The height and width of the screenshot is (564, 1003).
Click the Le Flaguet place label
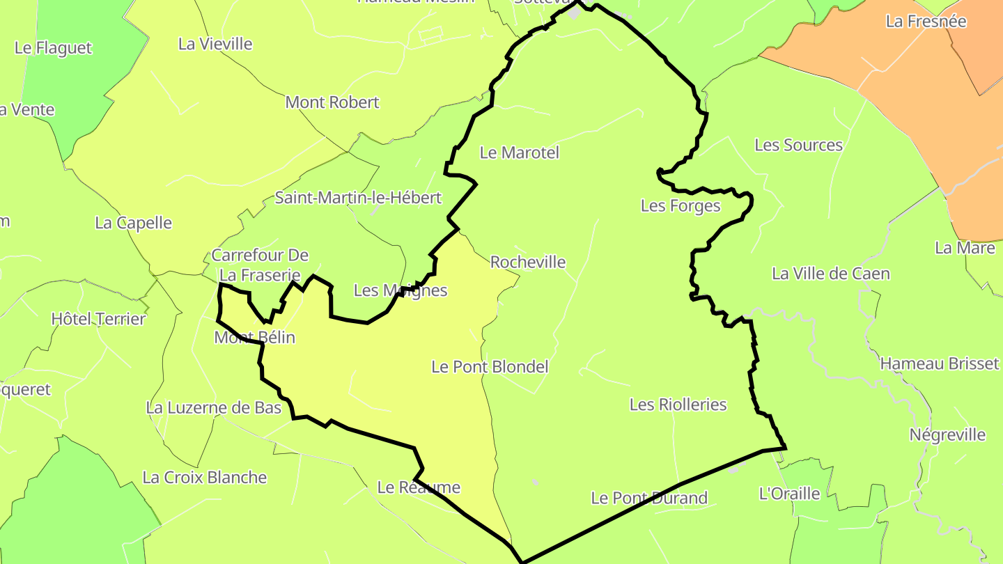pos(53,48)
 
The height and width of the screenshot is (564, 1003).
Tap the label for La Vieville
pos(215,44)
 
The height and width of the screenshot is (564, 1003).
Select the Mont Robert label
pos(332,102)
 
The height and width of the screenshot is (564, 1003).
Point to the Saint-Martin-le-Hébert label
pos(358,198)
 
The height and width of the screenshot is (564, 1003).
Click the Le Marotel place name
pos(520,152)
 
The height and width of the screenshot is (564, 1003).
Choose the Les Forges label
pos(681,206)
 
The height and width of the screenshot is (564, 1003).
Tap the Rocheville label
pos(528,263)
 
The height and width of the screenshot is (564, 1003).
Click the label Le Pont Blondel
pos(490,367)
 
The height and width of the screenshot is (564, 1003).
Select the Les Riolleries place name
pos(678,405)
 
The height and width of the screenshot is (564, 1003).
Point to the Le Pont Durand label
pos(649,498)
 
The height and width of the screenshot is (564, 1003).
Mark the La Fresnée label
pos(926,22)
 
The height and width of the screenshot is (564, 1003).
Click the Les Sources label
pos(799,146)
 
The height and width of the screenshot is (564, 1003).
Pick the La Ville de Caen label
pos(831,274)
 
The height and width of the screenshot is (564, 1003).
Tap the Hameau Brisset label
pos(940,363)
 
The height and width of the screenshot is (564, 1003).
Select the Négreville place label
pos(948,435)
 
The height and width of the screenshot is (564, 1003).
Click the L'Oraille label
pos(789,494)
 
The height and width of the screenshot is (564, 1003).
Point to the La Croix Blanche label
pos(205,478)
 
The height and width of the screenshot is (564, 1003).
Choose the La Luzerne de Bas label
pos(214,408)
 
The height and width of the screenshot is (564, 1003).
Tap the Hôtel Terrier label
pos(98,320)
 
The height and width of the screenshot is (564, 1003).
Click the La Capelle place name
pos(133,223)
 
